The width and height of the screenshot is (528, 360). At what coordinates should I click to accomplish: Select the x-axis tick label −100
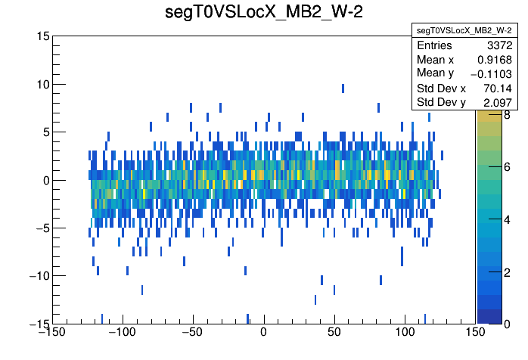pos(121,334)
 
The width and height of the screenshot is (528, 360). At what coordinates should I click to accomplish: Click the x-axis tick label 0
pos(263,334)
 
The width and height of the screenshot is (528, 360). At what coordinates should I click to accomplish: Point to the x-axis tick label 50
pos(334,334)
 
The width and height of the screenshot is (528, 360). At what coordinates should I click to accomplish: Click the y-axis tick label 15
pos(43,36)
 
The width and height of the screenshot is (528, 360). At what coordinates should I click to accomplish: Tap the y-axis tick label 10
pos(43,84)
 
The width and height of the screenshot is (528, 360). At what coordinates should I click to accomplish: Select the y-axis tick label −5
pos(40,228)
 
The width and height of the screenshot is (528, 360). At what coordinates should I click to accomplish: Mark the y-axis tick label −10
pos(37,275)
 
